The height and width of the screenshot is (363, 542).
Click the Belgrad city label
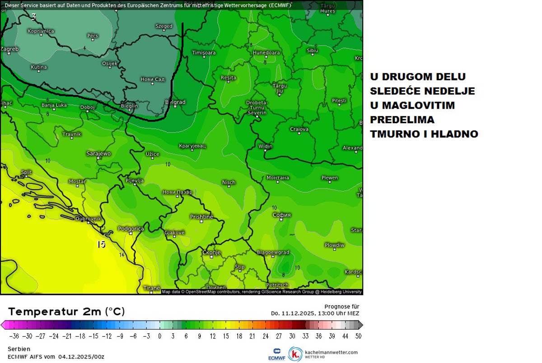pyautogui.click(x=175, y=102)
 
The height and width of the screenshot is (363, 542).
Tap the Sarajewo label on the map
pyautogui.click(x=98, y=154)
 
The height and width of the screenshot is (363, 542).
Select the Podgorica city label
pyautogui.click(x=131, y=228)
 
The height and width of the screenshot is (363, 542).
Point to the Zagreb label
pyautogui.click(x=9, y=49)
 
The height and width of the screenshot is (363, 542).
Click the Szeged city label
pyautogui.click(x=164, y=26)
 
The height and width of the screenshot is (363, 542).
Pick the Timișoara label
pyautogui.click(x=204, y=53)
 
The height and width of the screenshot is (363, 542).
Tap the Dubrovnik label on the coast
pyautogui.click(x=88, y=219)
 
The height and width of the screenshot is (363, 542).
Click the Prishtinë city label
pyautogui.click(x=201, y=217)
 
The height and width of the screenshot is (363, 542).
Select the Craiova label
pyautogui.click(x=299, y=129)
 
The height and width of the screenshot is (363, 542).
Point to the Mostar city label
pyautogui.click(x=77, y=181)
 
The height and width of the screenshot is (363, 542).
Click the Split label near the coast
pyautogui.click(x=26, y=172)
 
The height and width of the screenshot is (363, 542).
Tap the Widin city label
pyautogui.click(x=265, y=146)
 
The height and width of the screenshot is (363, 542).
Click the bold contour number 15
pyautogui.click(x=101, y=244)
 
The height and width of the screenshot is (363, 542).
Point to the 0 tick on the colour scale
pyautogui.click(x=159, y=336)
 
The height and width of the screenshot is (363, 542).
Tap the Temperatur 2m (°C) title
pyautogui.click(x=66, y=312)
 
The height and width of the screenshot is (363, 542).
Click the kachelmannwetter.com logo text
pyautogui.click(x=331, y=352)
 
